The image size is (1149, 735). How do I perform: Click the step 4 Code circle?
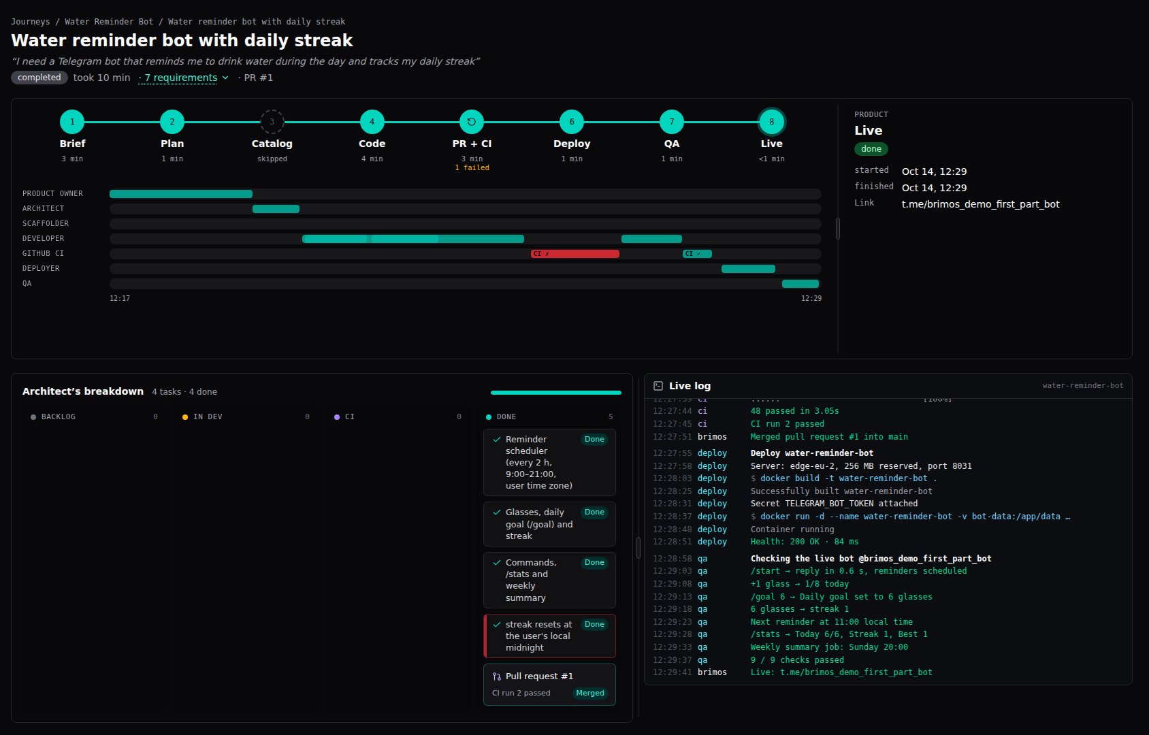pyautogui.click(x=372, y=122)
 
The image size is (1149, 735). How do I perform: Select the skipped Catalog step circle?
pyautogui.click(x=272, y=122)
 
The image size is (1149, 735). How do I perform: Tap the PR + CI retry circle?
pyautogui.click(x=472, y=122)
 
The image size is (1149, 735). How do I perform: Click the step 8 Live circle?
pyautogui.click(x=771, y=122)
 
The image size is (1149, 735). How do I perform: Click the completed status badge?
pyautogui.click(x=39, y=78)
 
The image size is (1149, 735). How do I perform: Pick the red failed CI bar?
pyautogui.click(x=574, y=253)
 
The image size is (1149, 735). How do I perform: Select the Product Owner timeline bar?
pyautogui.click(x=180, y=194)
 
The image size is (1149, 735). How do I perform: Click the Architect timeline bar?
pyautogui.click(x=276, y=209)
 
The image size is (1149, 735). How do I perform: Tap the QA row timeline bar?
pyautogui.click(x=800, y=284)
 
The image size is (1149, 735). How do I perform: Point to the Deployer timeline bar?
pyautogui.click(x=748, y=269)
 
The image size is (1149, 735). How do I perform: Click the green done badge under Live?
pyautogui.click(x=871, y=149)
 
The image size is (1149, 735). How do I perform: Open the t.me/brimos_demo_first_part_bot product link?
pyautogui.click(x=980, y=204)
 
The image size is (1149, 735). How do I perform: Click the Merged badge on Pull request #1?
pyautogui.click(x=590, y=693)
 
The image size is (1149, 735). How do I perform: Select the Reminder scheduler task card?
pyautogui.click(x=549, y=462)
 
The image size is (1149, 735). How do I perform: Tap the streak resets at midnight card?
pyautogui.click(x=549, y=636)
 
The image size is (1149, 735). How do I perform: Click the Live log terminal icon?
pyautogui.click(x=658, y=386)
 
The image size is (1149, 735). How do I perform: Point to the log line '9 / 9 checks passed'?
pyautogui.click(x=796, y=660)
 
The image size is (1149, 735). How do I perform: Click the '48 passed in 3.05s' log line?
pyautogui.click(x=794, y=411)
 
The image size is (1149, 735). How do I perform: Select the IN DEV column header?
pyautogui.click(x=208, y=417)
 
